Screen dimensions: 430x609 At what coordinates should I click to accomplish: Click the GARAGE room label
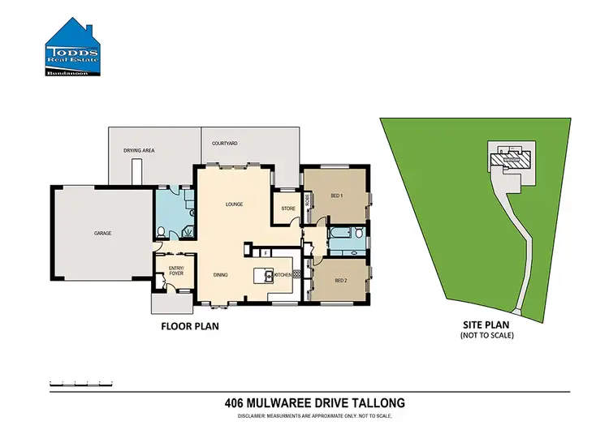101,234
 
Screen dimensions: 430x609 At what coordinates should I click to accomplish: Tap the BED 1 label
336,196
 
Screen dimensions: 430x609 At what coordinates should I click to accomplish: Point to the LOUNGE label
235,204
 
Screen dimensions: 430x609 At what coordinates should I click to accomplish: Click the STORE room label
288,208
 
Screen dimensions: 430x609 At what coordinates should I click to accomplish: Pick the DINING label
221,275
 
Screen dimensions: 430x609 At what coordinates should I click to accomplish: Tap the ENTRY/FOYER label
175,271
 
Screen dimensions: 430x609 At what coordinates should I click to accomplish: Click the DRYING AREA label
139,151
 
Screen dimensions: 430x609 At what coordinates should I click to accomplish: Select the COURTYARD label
224,144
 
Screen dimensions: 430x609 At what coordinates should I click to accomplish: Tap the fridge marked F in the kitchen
266,254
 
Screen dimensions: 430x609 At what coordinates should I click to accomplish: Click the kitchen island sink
265,276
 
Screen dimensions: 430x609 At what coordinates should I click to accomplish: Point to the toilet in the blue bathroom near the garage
162,232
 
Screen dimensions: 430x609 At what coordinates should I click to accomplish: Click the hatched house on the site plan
510,158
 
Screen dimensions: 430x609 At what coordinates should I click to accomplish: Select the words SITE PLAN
486,324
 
